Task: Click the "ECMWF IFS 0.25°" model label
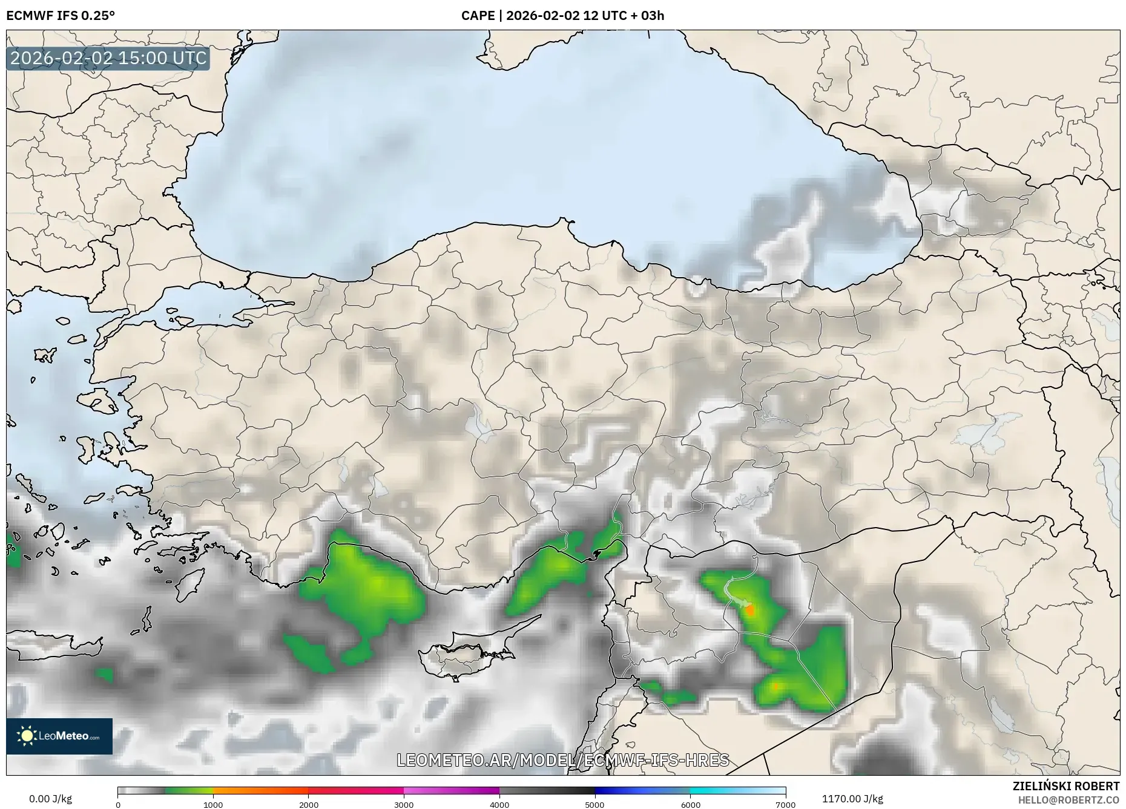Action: click(61, 16)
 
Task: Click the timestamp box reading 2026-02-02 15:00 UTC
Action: click(108, 59)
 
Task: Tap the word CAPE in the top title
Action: click(478, 16)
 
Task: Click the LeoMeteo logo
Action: click(59, 736)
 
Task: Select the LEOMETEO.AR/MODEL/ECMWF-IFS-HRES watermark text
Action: click(562, 760)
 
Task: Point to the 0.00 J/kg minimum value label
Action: click(50, 799)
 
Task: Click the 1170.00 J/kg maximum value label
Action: click(852, 799)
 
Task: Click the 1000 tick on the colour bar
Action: click(213, 805)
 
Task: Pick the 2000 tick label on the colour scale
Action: click(309, 805)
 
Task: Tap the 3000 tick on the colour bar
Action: click(404, 805)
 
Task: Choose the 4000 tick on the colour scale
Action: click(499, 805)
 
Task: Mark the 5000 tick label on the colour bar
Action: click(594, 805)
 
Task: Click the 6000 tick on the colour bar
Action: click(690, 805)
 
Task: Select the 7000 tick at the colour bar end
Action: click(785, 805)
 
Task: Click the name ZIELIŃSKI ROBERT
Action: click(1065, 786)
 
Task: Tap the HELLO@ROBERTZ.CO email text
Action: click(1068, 800)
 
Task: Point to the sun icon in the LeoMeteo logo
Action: click(27, 736)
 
